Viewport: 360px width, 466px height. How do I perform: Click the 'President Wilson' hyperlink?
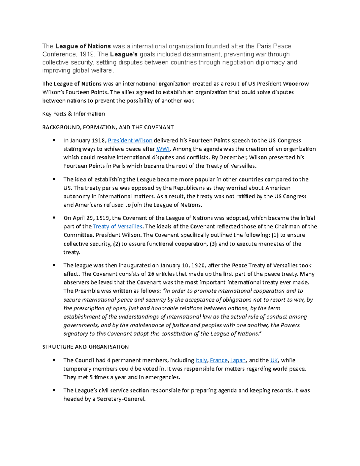point(130,140)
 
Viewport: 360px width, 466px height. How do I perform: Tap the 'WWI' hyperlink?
point(163,149)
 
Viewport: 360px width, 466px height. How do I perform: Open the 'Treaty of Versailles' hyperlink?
point(118,227)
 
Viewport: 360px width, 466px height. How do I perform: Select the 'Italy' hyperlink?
point(201,360)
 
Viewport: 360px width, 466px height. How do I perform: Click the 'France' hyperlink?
point(219,360)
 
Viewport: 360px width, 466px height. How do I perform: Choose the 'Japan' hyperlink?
point(238,360)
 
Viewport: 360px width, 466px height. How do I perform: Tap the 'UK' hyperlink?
point(274,360)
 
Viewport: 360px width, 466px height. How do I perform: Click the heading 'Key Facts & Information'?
point(73,114)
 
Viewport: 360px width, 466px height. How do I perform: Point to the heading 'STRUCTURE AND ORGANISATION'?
point(85,347)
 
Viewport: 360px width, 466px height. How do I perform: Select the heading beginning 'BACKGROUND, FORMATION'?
point(108,127)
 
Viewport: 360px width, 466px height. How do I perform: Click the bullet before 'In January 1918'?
point(54,140)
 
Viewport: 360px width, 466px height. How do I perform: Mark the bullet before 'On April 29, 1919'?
point(54,218)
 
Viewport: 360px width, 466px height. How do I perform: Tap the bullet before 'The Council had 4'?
point(54,360)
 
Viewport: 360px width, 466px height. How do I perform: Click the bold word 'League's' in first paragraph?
point(124,54)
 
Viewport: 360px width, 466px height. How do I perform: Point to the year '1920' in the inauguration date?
point(199,266)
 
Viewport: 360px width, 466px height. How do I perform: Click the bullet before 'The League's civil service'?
point(54,390)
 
